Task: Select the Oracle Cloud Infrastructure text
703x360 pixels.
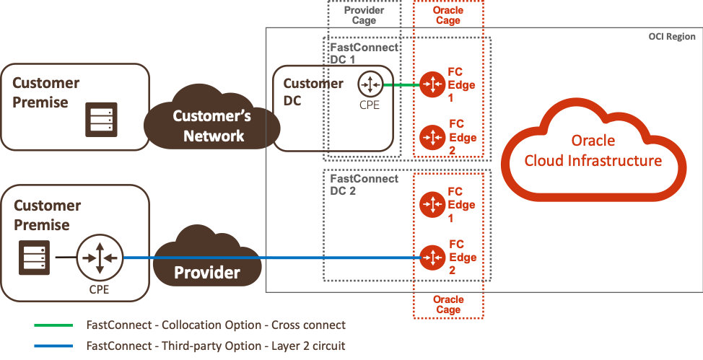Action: (593, 150)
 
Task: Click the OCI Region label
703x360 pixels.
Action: (671, 37)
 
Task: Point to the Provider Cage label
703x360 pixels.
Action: (364, 15)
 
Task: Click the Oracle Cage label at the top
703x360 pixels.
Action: (448, 15)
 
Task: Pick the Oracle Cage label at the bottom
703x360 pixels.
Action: (448, 304)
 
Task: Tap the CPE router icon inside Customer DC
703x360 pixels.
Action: (370, 84)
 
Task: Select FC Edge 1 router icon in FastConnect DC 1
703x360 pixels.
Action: (432, 84)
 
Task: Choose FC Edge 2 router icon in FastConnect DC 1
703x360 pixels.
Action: (432, 136)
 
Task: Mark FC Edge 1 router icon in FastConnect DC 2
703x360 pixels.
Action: (432, 204)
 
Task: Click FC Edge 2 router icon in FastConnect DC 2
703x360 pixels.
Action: (432, 257)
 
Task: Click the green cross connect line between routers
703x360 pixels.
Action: (401, 85)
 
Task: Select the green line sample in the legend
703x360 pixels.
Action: (53, 325)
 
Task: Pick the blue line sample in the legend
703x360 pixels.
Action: (53, 346)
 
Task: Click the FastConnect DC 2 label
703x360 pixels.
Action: (363, 183)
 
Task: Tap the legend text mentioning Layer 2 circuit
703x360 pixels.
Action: (216, 346)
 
